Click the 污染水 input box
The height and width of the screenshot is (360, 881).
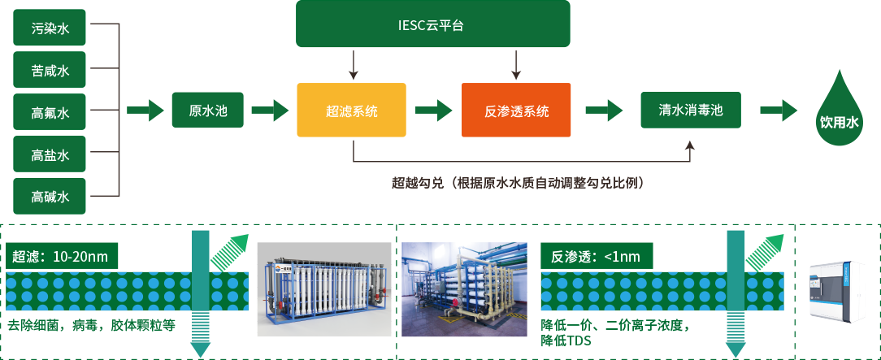click(50, 28)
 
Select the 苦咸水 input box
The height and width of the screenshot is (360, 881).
click(50, 71)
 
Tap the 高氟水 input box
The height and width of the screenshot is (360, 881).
click(50, 113)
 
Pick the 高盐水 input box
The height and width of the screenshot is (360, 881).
click(50, 154)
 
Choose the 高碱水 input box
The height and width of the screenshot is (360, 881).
click(50, 197)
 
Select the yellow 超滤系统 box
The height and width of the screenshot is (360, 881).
click(351, 111)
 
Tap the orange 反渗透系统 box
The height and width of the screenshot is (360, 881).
click(516, 111)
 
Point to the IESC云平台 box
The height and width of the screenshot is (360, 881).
click(433, 24)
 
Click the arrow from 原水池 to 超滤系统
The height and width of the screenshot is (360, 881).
click(270, 111)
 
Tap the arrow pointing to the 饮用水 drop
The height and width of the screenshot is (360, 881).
click(779, 111)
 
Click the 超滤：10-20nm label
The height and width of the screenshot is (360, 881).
click(62, 257)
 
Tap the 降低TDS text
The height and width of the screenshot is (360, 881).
click(566, 341)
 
